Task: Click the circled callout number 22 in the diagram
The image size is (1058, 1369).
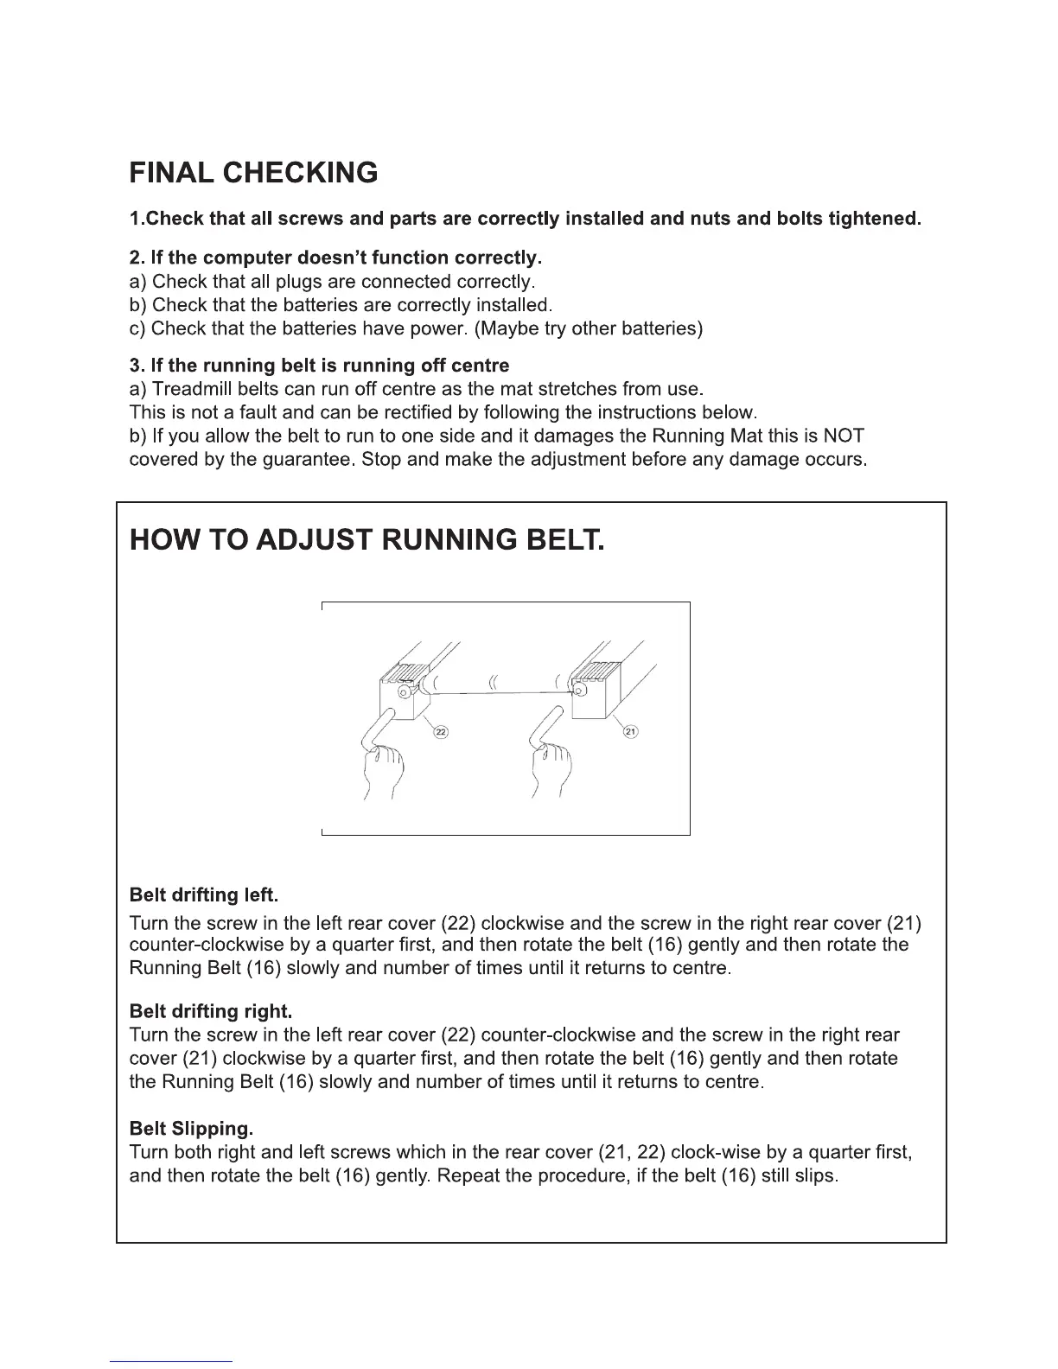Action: [441, 732]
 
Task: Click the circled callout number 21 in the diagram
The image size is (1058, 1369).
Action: [630, 732]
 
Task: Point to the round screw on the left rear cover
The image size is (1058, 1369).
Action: [403, 692]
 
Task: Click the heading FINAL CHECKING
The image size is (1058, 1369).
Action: [253, 173]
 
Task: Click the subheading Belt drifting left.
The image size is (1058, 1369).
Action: [203, 894]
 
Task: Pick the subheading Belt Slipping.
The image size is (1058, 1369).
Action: [191, 1129]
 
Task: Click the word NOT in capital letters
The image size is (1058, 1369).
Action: [844, 436]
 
